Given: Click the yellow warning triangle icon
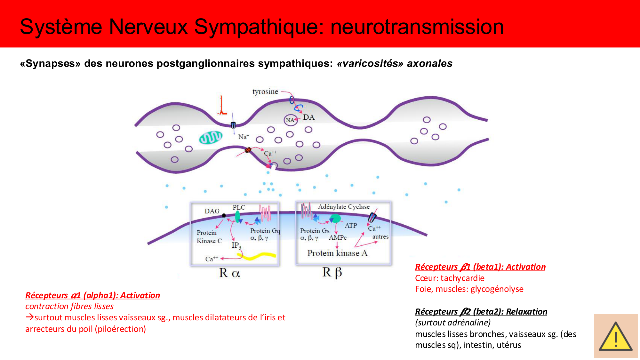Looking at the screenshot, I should click(x=615, y=338).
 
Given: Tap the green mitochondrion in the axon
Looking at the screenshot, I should click(x=211, y=138).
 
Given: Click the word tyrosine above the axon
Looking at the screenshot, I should click(x=265, y=92).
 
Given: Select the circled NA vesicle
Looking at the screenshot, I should click(x=291, y=120).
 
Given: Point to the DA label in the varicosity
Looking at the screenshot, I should click(x=309, y=117).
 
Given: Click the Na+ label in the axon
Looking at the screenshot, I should click(x=244, y=137).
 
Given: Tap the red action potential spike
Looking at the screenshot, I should click(x=222, y=106).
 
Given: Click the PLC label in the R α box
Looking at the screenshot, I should click(x=239, y=207).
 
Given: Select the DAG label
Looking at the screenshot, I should click(x=212, y=211).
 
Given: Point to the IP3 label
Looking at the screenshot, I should click(x=236, y=245).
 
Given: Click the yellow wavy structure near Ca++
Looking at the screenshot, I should click(x=256, y=256).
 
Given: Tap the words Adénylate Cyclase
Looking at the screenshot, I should click(x=344, y=207).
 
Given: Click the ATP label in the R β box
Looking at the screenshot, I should click(x=351, y=225).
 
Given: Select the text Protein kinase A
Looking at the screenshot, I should click(x=337, y=253).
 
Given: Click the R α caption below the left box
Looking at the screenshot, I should click(x=229, y=273).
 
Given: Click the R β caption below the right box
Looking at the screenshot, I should click(x=332, y=272).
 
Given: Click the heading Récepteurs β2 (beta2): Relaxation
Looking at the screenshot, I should click(x=481, y=312).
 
